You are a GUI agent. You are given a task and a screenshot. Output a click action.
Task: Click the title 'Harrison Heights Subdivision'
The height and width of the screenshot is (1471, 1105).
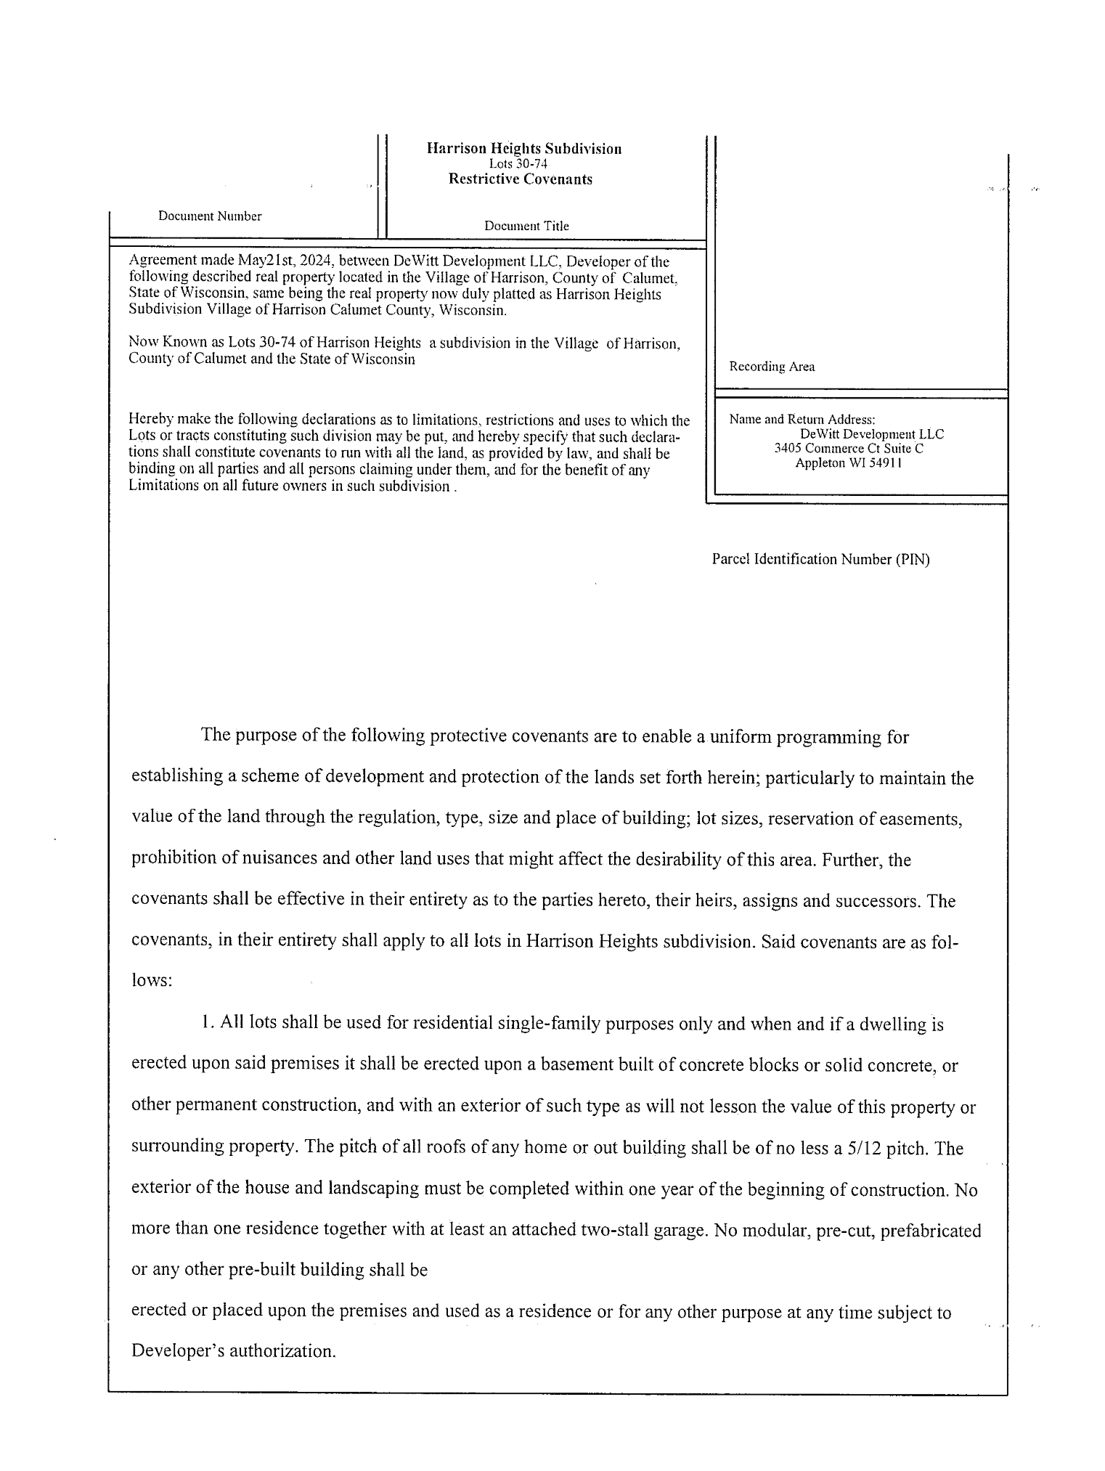coord(523,149)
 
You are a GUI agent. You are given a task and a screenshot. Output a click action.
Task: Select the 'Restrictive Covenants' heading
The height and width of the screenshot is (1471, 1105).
coord(520,179)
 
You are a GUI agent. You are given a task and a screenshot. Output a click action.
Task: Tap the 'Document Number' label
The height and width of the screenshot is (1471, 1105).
coord(210,216)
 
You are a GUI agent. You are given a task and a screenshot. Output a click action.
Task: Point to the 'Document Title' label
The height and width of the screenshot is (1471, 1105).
coord(526,226)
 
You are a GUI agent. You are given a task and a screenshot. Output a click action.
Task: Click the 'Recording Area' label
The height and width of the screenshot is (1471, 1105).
coord(772,367)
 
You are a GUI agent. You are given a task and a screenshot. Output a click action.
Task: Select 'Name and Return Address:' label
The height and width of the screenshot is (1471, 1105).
coord(802,419)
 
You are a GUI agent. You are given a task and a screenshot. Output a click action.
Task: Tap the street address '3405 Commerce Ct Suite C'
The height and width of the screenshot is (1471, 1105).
coord(849,449)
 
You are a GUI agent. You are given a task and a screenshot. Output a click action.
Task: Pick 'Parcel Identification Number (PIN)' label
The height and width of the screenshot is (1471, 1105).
coord(820,559)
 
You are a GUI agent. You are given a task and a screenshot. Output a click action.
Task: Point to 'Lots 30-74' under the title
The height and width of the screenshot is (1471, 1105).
coord(518,164)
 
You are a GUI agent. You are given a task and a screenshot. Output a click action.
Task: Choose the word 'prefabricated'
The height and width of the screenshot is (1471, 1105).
coord(931,1231)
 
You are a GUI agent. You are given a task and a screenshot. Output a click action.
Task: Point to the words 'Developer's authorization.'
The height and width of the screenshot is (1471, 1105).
coord(233,1351)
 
